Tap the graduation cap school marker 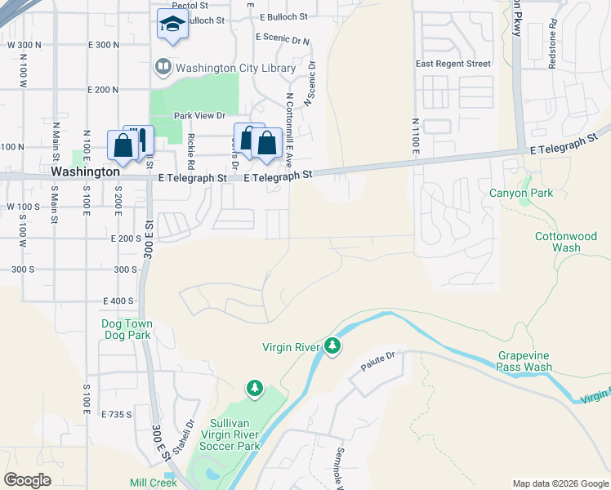click(172, 25)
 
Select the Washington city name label click(85, 172)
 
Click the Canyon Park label click(521, 193)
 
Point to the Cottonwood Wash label click(558, 242)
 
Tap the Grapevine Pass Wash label click(524, 362)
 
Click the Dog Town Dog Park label click(127, 330)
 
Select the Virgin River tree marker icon click(332, 347)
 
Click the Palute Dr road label click(379, 355)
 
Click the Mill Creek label click(153, 483)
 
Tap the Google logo click(28, 480)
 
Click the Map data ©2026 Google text click(560, 483)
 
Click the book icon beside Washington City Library click(163, 68)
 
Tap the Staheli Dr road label click(189, 431)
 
